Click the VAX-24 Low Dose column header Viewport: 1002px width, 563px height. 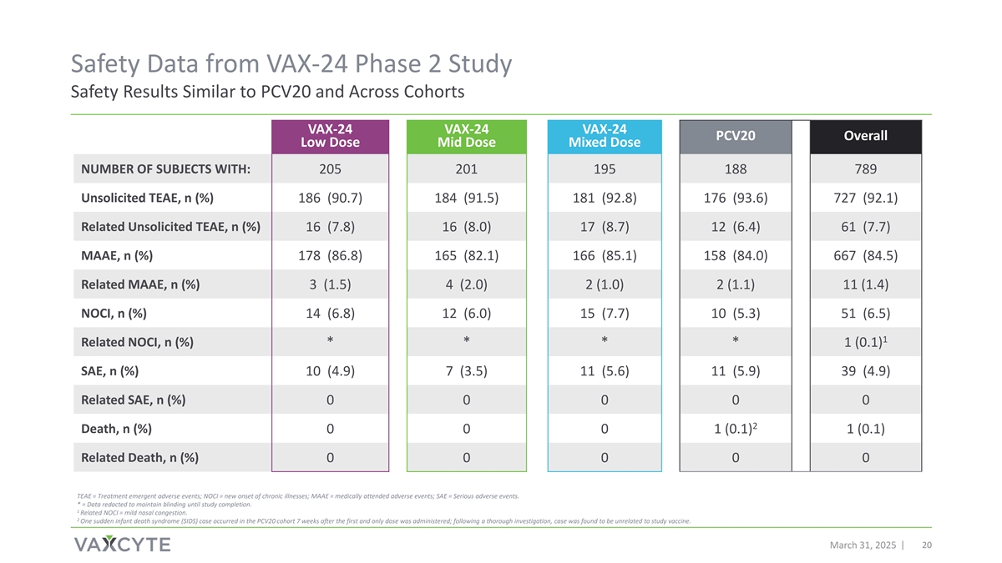331,136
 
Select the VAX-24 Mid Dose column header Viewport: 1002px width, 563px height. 466,136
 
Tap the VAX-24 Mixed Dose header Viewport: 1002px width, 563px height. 604,136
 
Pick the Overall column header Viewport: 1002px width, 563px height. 865,136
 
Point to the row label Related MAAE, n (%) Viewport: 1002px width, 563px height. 140,284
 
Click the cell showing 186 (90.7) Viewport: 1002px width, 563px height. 331,199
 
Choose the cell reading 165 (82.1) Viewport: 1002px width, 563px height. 466,256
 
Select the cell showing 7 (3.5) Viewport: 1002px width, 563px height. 466,371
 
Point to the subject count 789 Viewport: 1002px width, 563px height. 865,170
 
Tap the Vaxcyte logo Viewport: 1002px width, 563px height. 122,545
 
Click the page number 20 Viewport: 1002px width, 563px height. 926,545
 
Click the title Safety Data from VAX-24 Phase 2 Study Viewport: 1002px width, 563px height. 291,63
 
